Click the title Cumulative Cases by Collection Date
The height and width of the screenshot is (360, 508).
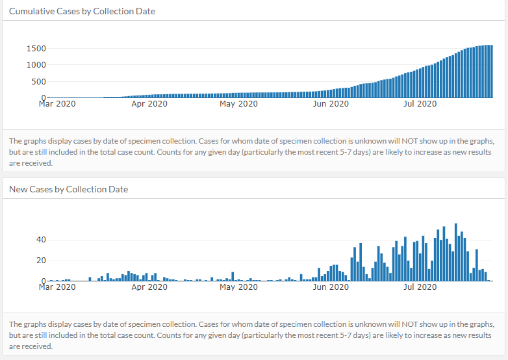point(82,11)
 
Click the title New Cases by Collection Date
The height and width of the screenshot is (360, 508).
point(68,189)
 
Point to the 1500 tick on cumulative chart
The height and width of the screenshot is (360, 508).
point(36,49)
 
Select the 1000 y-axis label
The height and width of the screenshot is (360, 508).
point(36,65)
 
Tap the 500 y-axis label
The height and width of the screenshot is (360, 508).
point(38,81)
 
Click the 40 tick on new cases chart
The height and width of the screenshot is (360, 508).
point(40,240)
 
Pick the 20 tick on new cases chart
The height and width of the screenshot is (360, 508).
point(40,261)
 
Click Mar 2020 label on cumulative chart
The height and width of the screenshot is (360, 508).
point(57,103)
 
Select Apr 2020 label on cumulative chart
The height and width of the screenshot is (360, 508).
point(149,103)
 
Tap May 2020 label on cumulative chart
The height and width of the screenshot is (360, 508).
point(238,103)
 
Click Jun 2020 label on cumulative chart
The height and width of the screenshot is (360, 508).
point(330,103)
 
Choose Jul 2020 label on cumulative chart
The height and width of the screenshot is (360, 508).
point(420,103)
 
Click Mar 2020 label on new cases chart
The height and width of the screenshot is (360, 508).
point(57,287)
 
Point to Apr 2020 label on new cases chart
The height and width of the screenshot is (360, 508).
point(149,287)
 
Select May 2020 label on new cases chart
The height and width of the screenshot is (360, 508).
point(238,287)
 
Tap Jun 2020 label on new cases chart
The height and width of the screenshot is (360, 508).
point(330,287)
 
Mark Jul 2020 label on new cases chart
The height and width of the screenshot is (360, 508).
point(420,287)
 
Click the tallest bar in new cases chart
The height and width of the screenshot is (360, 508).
point(456,253)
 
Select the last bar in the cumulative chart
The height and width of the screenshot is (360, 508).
point(492,71)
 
